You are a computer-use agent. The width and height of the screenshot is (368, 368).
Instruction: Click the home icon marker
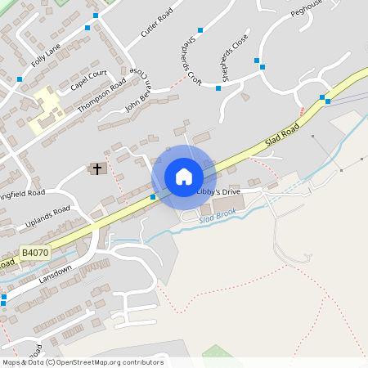click(x=183, y=176)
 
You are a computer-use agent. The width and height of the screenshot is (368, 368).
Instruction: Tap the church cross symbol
click(x=97, y=168)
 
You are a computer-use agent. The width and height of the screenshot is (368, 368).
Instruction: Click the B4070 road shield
click(x=34, y=254)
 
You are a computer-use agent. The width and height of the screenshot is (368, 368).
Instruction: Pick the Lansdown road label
click(x=56, y=274)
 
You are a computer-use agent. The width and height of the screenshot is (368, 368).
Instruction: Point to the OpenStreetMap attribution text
click(x=83, y=362)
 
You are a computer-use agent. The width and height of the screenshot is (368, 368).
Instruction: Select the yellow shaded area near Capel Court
click(x=47, y=110)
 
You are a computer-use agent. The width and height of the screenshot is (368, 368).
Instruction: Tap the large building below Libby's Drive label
click(x=228, y=203)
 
